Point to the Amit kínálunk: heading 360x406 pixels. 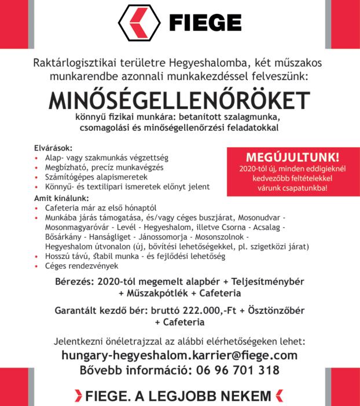point(58,197)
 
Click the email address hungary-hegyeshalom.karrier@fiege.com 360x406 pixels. point(179,354)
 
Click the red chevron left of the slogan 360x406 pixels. point(78,397)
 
